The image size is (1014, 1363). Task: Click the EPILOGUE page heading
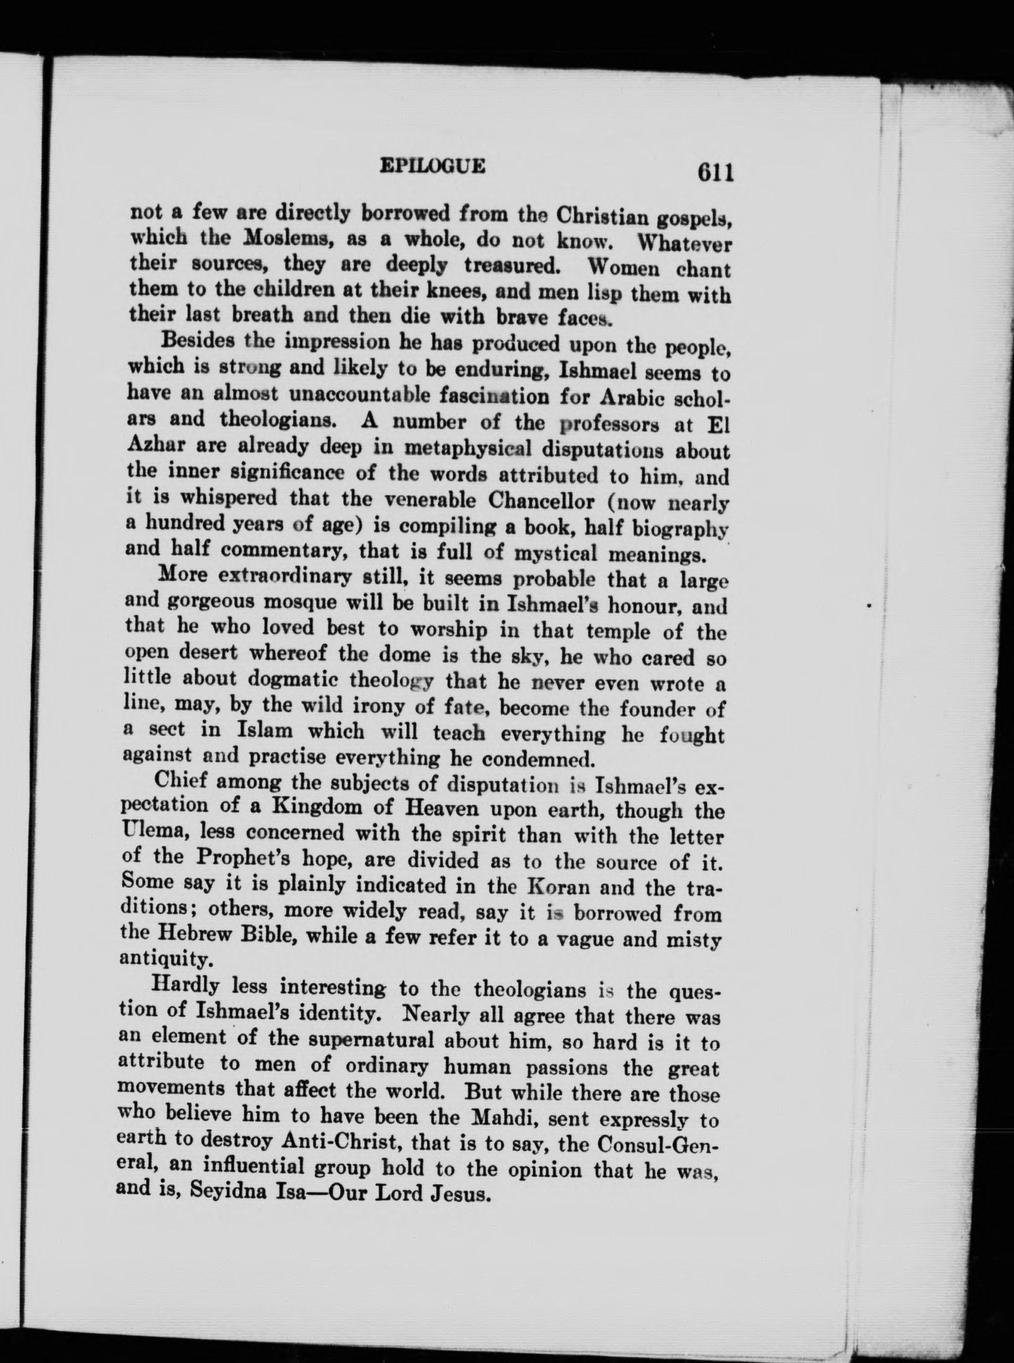tap(433, 166)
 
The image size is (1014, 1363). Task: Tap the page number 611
tap(715, 173)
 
